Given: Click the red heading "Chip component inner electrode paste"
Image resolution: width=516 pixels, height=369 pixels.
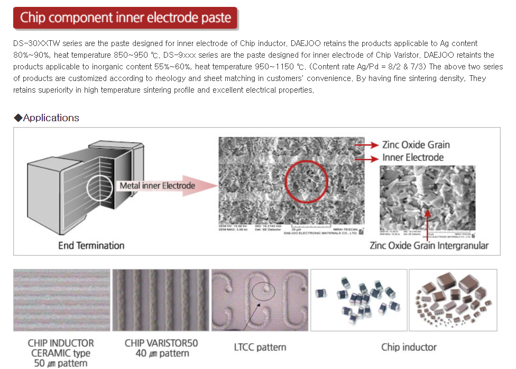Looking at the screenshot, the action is [125, 18].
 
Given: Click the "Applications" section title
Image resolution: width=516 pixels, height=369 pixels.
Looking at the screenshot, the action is [51, 118].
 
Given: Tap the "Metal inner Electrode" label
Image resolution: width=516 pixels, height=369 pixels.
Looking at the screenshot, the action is [157, 185].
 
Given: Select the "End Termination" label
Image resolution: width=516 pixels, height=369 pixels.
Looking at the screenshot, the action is [91, 245].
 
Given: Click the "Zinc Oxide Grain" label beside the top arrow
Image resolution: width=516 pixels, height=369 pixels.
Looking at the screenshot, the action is [416, 145].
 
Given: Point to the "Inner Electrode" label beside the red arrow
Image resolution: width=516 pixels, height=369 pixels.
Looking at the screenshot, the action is [412, 157].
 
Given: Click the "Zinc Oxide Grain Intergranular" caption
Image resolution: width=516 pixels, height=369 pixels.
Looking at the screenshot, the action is [429, 245].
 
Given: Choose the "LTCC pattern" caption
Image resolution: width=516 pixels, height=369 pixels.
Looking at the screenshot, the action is [260, 347].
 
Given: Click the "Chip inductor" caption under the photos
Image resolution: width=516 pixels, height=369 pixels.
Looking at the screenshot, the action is [409, 347].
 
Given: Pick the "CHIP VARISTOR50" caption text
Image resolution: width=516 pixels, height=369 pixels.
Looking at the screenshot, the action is [161, 343].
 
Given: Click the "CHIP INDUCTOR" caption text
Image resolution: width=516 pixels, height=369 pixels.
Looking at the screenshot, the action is [61, 343].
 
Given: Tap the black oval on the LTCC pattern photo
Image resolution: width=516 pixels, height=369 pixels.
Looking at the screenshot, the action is [263, 290].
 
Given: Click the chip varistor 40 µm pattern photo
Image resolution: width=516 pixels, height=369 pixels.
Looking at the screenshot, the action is [161, 300].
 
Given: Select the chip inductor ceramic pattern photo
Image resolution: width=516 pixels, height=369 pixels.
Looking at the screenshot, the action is [61, 300].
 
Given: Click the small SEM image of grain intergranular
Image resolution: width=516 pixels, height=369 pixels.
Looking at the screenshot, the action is [427, 200].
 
